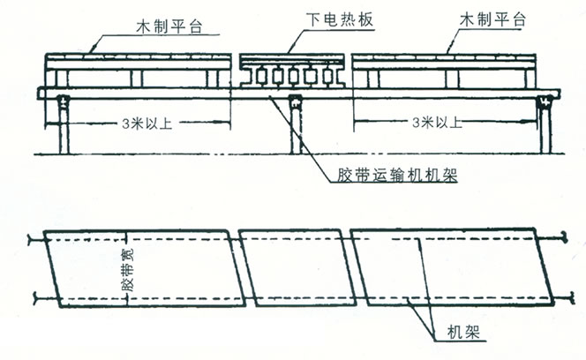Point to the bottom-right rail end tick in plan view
(x=560, y=297)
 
